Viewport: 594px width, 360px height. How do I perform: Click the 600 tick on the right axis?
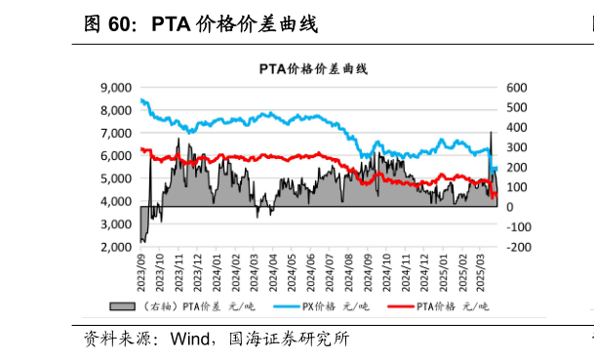(x=516, y=87)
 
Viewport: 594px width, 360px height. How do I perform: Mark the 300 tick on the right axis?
(x=516, y=147)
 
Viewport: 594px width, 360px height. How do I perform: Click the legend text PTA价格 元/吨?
(x=452, y=307)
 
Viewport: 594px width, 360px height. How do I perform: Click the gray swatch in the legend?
(x=122, y=307)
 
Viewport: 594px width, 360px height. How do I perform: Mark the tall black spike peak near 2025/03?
(x=491, y=132)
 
